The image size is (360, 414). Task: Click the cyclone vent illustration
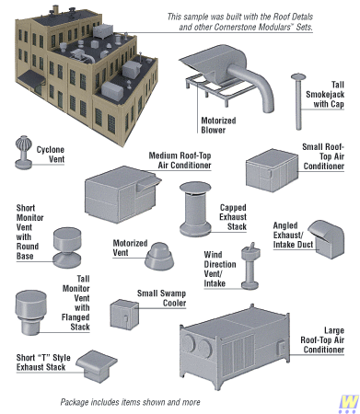[23, 153]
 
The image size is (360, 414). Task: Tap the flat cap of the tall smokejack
[298, 76]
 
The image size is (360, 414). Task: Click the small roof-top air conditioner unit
[272, 170]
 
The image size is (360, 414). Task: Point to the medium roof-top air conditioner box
[122, 194]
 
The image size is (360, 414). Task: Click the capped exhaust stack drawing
[195, 209]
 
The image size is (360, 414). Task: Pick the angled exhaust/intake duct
[326, 239]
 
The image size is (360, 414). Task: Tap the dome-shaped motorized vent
[159, 257]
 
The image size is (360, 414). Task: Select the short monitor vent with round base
[67, 247]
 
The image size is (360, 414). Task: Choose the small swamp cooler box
[124, 315]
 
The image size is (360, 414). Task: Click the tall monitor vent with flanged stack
[30, 312]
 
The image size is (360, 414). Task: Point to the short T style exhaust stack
[97, 366]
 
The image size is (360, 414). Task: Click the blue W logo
[348, 404]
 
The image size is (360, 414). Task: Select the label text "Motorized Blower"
[218, 125]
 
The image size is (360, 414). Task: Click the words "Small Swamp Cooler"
[161, 298]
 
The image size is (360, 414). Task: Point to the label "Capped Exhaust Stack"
[233, 217]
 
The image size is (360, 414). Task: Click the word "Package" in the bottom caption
[74, 402]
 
